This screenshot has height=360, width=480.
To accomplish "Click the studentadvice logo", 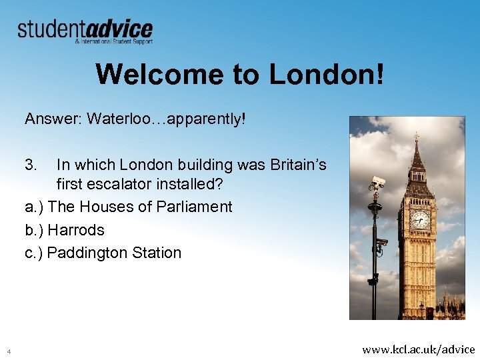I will click(x=85, y=31).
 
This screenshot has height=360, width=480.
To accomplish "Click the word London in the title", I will click(x=326, y=75).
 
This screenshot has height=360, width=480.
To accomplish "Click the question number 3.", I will click(x=31, y=164).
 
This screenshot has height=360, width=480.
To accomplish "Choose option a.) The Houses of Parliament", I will click(x=129, y=207).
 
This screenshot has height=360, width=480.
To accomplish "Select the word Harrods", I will click(x=76, y=230).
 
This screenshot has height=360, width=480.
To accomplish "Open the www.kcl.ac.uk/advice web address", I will click(x=418, y=349).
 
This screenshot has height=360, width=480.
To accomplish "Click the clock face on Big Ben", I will click(x=420, y=219).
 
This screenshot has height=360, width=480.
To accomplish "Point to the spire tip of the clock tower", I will click(x=417, y=135).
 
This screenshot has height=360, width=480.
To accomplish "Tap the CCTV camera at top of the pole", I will click(x=378, y=182).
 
